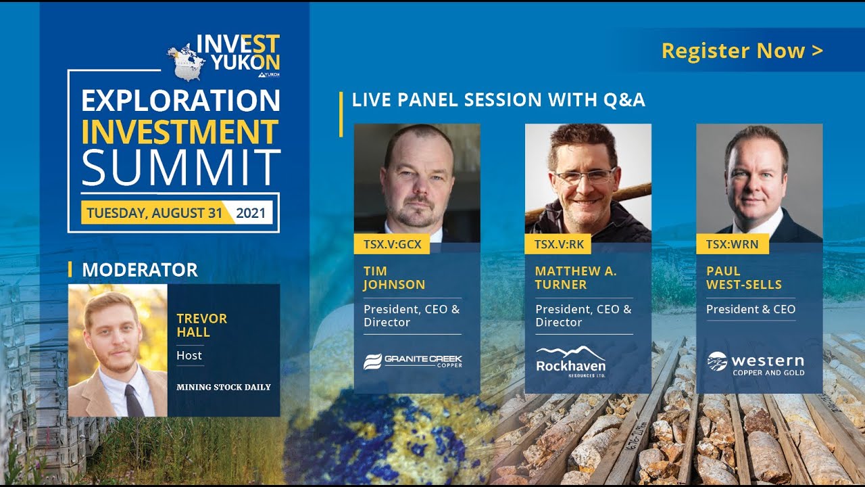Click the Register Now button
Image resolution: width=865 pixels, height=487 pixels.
(742, 51)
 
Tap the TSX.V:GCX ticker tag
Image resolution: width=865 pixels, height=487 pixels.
(392, 244)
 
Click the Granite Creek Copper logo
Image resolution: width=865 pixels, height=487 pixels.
(412, 361)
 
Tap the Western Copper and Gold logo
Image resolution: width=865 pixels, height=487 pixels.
(756, 363)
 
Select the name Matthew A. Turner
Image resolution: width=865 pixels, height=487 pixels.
(575, 278)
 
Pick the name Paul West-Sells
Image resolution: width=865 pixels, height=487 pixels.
(743, 278)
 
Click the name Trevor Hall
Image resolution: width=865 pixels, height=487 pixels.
(201, 325)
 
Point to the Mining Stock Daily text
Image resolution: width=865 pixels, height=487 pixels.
(223, 388)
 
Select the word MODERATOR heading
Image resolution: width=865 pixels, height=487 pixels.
(139, 270)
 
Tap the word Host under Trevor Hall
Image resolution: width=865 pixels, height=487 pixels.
(189, 355)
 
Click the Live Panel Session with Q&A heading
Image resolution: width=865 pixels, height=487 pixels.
(498, 100)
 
